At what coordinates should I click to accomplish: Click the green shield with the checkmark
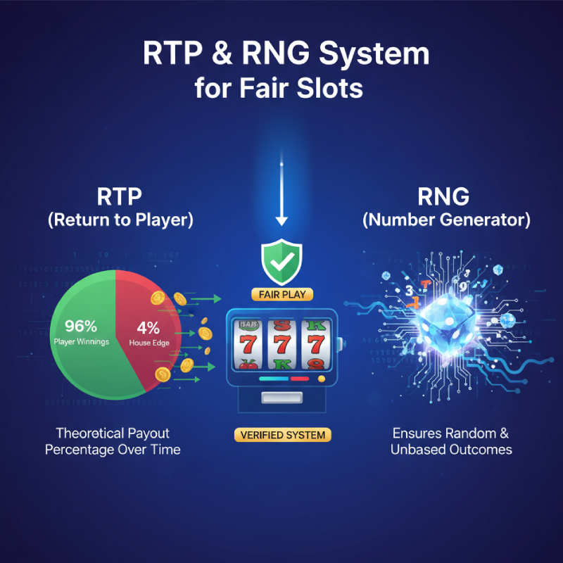(x=281, y=261)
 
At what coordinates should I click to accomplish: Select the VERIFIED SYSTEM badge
(x=282, y=435)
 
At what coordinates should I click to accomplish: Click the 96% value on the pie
(x=81, y=327)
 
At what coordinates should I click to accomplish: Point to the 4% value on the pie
(x=148, y=327)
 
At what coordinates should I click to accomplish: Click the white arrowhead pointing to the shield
(x=281, y=220)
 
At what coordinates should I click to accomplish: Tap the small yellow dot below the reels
(x=322, y=379)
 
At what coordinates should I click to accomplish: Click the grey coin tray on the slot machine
(x=281, y=398)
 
